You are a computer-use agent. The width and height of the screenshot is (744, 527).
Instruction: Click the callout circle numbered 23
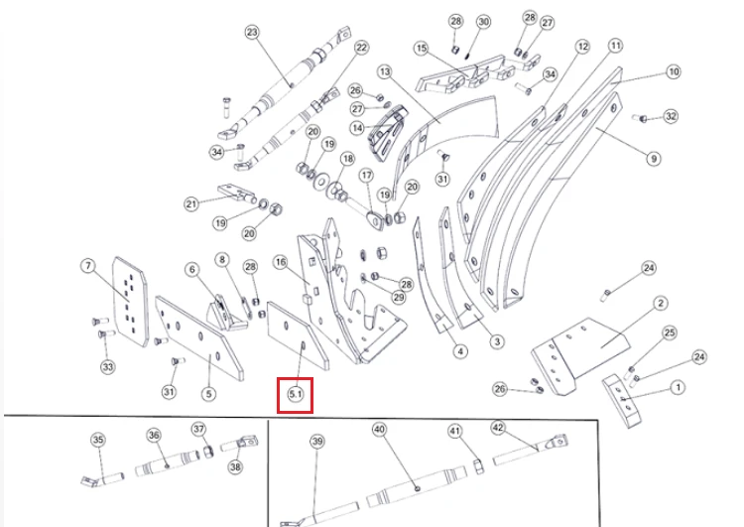tap(252, 33)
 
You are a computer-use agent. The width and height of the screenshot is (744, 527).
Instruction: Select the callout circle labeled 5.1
tap(296, 394)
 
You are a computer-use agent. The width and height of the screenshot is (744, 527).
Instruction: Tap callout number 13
tap(384, 71)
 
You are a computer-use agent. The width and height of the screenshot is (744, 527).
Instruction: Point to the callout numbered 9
tap(654, 158)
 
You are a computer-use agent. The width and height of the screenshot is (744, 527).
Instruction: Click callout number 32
tap(671, 116)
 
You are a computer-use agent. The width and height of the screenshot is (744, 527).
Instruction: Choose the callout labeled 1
tap(679, 387)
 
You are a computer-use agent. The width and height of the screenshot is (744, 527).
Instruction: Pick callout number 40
tap(379, 430)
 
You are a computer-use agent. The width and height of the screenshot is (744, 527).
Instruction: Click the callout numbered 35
tap(98, 440)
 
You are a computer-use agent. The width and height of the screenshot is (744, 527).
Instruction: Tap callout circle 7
tap(87, 266)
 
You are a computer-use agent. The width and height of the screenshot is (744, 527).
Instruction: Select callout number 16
tap(281, 262)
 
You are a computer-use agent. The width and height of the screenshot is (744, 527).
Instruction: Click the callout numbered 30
tap(483, 22)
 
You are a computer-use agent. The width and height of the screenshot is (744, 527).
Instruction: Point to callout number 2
tap(661, 303)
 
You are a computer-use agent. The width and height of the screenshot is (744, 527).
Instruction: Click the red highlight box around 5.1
tap(296, 395)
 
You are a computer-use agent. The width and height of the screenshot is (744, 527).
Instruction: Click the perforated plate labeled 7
tap(130, 302)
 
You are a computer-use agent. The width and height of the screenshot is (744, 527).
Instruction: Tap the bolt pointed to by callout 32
tap(640, 118)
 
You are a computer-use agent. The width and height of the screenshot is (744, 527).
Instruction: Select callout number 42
tap(498, 428)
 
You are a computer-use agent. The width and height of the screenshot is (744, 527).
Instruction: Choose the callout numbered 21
tap(191, 204)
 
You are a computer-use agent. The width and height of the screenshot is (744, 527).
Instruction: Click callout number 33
tap(108, 367)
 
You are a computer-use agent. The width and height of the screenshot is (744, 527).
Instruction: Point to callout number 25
tap(670, 332)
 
